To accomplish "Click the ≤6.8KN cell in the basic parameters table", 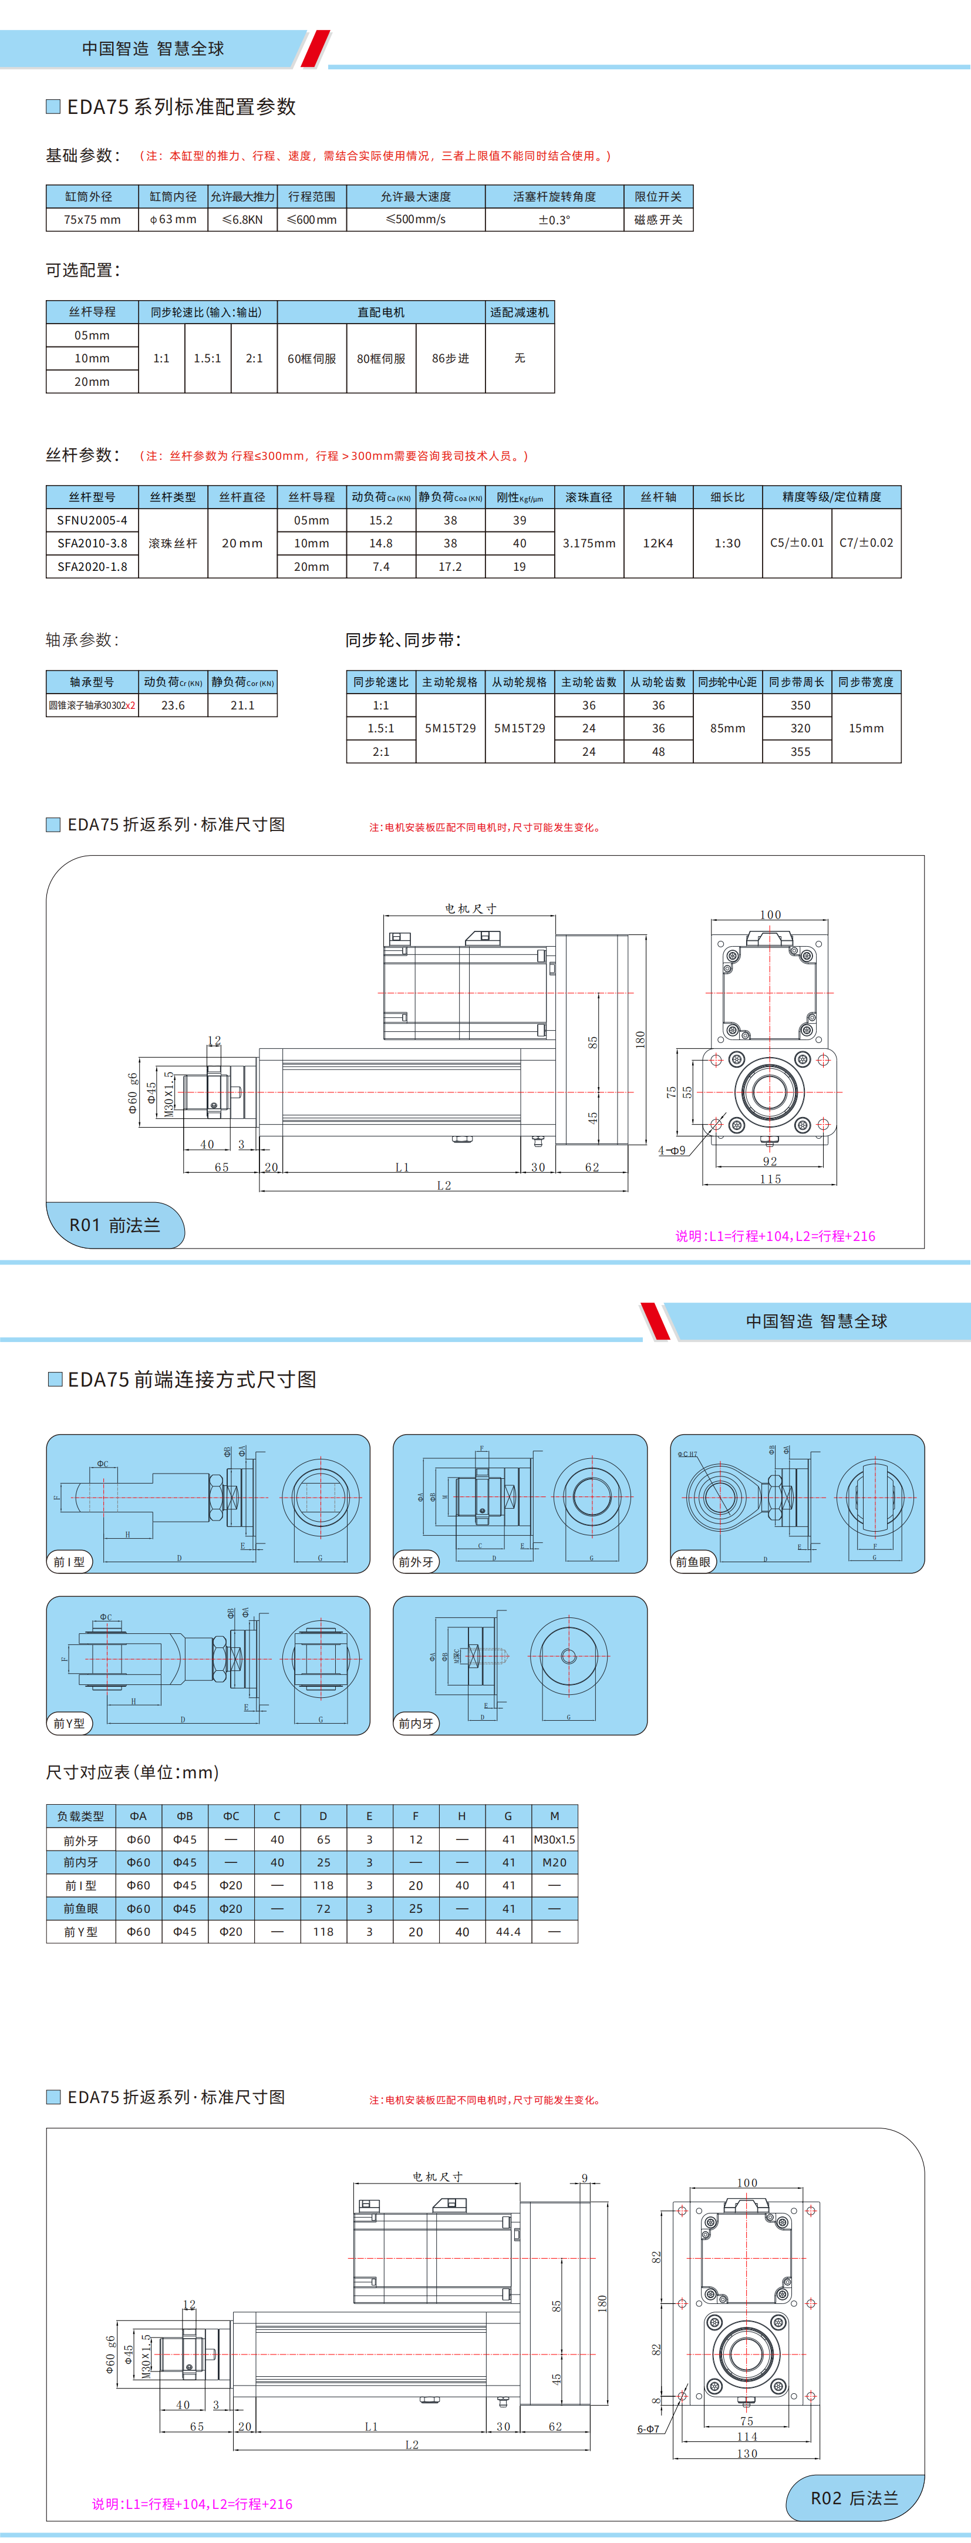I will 243,219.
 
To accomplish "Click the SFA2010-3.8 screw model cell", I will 92,543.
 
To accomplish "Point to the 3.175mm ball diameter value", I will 588,543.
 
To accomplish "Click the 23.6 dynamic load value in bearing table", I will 173,705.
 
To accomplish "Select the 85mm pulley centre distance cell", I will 727,729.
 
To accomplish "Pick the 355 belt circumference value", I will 800,751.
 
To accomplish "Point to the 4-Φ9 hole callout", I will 672,1150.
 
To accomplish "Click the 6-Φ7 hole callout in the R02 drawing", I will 648,2428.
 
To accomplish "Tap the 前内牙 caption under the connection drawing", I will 416,1724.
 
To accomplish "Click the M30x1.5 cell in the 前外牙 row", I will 555,1839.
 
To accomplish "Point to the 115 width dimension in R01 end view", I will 770,1179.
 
